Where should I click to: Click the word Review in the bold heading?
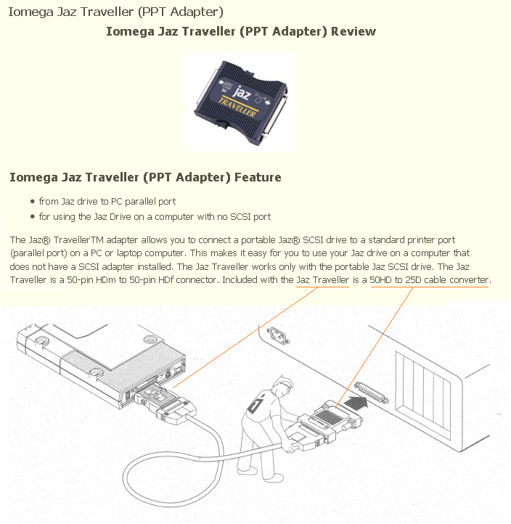[353, 31]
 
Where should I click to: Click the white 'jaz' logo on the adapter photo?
[242, 92]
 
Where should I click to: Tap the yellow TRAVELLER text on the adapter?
[238, 107]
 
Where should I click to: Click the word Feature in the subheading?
[258, 177]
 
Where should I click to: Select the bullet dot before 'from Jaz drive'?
[33, 202]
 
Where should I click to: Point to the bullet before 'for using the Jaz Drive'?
[33, 216]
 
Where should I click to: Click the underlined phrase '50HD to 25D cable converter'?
[430, 279]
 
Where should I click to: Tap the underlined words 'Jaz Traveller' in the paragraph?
[322, 279]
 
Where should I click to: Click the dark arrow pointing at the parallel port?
[357, 402]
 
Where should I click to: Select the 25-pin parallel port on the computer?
[371, 393]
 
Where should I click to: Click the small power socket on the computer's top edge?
[278, 335]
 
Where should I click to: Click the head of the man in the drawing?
[282, 388]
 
